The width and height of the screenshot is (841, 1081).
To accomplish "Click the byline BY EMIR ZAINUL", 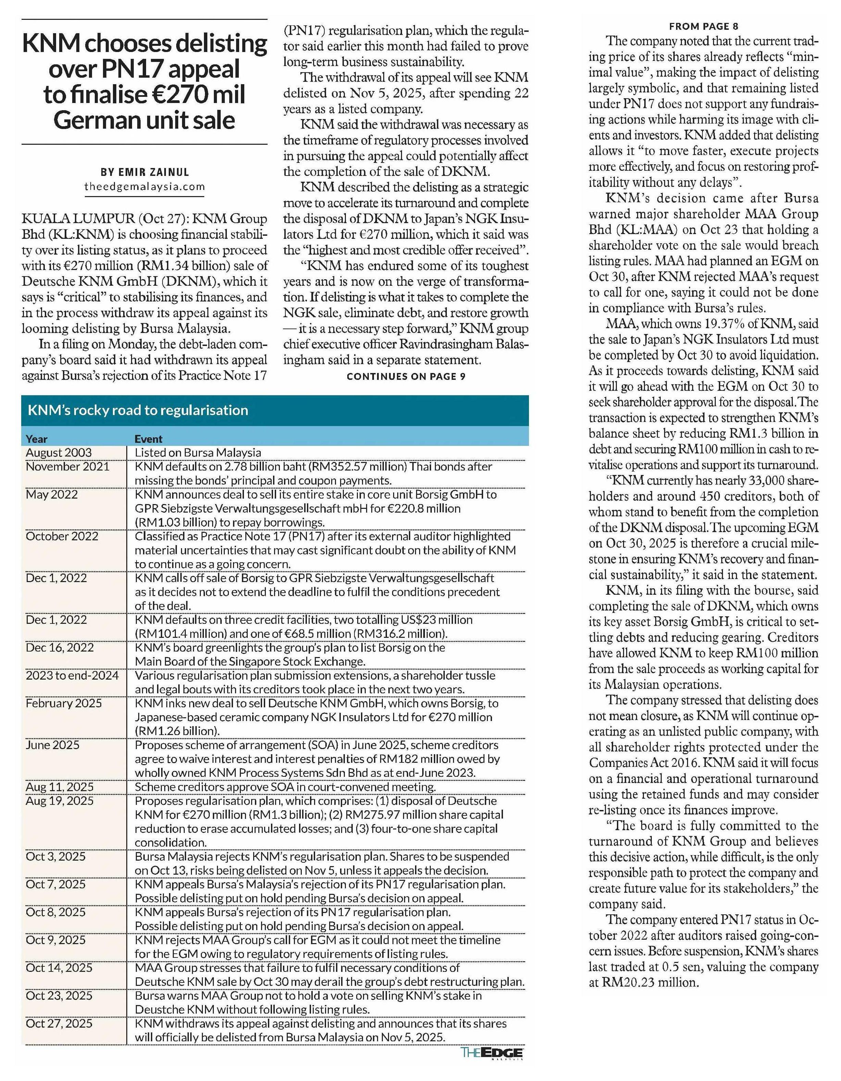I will click(x=144, y=172).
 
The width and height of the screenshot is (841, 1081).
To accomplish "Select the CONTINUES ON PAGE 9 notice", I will click(x=406, y=376).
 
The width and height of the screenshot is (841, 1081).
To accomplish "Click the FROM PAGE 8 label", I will click(x=703, y=26).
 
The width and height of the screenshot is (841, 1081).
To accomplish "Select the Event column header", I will click(x=148, y=439).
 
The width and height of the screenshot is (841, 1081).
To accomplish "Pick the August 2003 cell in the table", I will click(x=59, y=452).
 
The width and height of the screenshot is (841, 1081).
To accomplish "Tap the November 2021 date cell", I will click(x=67, y=466).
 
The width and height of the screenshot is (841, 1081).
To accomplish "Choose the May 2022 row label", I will click(x=52, y=494).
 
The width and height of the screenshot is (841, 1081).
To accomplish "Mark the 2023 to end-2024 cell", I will click(x=72, y=675).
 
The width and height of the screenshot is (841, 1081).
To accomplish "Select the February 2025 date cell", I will click(x=64, y=703).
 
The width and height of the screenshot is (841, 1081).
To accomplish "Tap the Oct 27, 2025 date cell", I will click(x=59, y=1024).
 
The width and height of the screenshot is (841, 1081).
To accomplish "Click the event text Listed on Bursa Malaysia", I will click(x=197, y=452).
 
